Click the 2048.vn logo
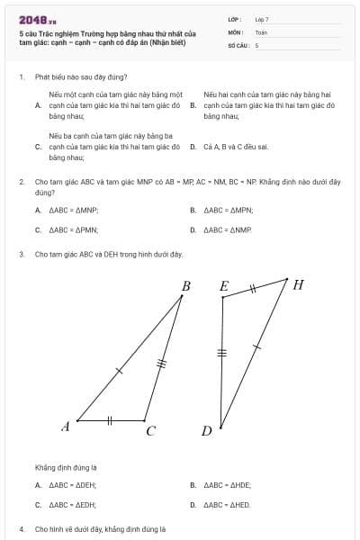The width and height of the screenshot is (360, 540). (x=37, y=20)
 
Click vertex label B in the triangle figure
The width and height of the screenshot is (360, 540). (x=185, y=286)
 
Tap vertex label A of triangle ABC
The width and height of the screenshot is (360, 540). (x=66, y=427)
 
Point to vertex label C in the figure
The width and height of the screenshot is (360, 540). (x=150, y=431)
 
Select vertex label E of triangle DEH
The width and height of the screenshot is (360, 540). (x=224, y=286)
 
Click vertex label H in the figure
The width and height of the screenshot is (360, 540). (x=298, y=285)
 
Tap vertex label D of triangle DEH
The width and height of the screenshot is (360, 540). (x=206, y=431)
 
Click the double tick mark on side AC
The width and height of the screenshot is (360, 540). (x=110, y=420)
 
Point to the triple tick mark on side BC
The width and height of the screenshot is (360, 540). (x=163, y=364)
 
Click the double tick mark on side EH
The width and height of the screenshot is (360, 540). (x=253, y=289)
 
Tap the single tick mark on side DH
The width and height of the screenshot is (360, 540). (x=256, y=345)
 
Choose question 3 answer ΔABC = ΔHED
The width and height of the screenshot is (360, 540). (x=228, y=505)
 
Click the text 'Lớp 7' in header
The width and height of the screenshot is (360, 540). (x=262, y=19)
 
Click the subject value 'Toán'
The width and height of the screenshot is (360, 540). (x=261, y=31)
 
